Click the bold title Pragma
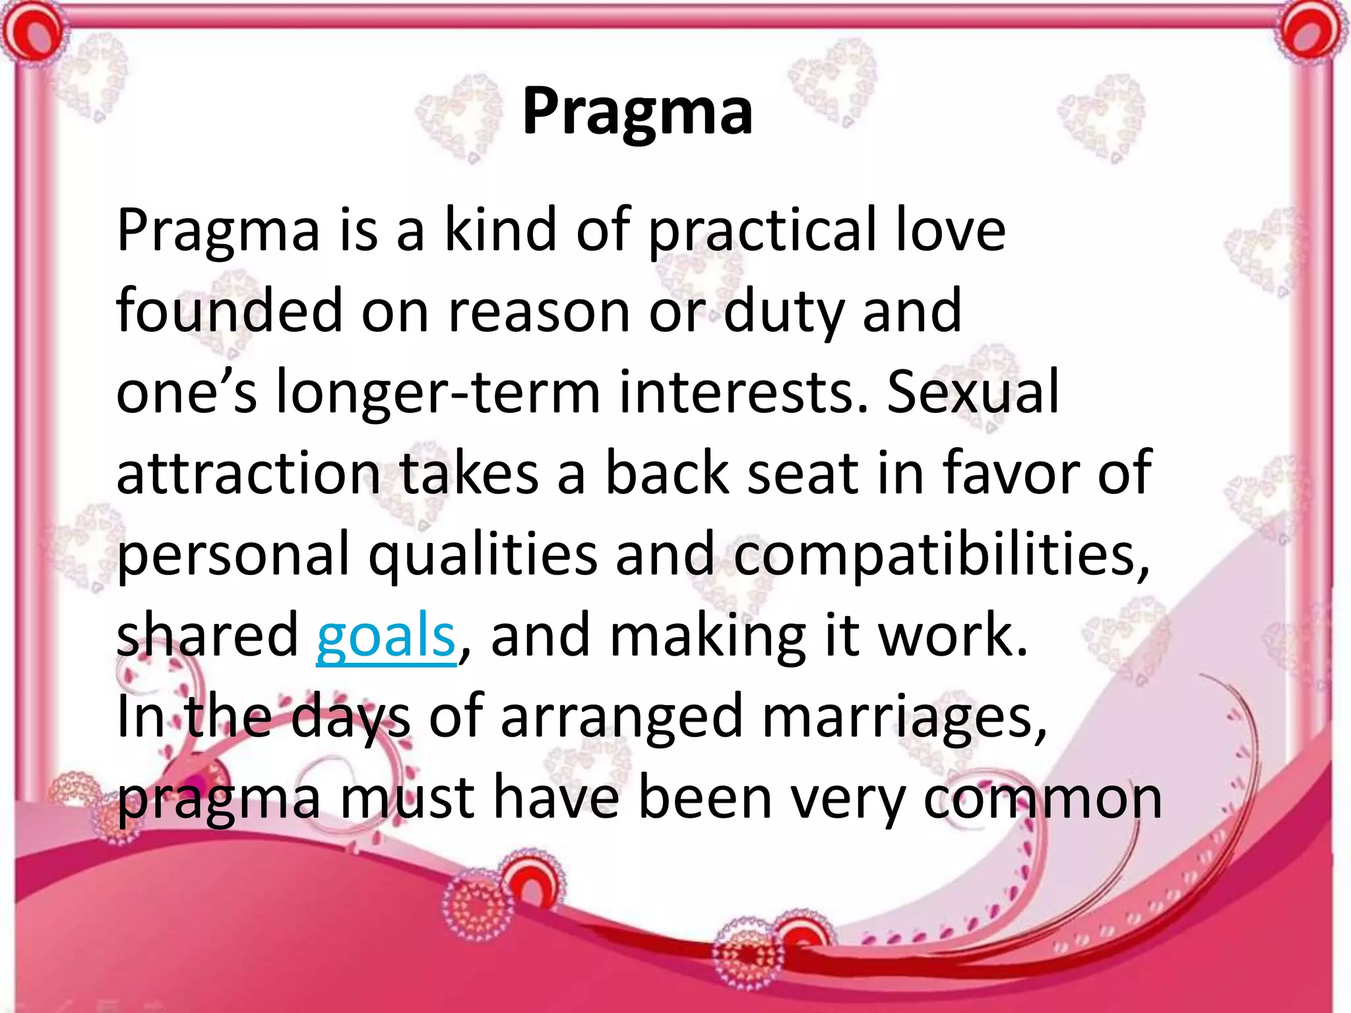pos(637,112)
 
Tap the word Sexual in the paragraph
pos(972,392)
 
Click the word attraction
pos(248,474)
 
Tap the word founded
pos(230,311)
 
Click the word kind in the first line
pos(501,230)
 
